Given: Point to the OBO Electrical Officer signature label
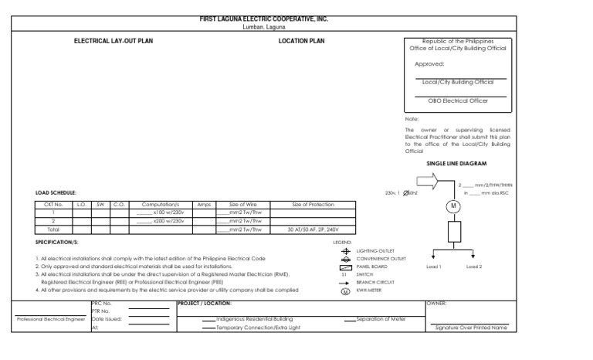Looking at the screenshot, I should (x=461, y=100).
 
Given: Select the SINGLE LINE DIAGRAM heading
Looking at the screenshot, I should (x=456, y=164).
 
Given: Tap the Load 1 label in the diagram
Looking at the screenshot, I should (x=434, y=267).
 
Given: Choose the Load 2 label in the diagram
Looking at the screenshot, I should (x=474, y=267).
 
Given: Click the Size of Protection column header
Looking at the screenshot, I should (x=313, y=204).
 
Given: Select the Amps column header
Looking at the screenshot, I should (x=204, y=204).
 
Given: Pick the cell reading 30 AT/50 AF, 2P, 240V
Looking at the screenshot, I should (x=313, y=229).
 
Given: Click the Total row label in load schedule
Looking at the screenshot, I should (x=53, y=229).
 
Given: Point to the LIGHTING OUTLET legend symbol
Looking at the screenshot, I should (x=345, y=252).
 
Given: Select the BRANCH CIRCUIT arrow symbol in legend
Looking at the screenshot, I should (x=345, y=282).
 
